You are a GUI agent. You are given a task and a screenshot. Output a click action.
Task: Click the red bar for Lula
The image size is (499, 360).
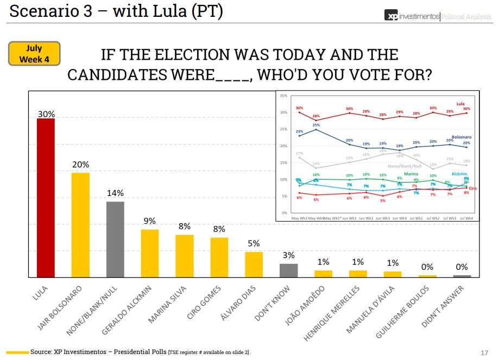point(46,198)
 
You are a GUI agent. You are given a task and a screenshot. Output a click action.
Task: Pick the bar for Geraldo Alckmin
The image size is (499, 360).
point(150,253)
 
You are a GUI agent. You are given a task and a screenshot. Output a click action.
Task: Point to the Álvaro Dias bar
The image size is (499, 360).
point(254,264)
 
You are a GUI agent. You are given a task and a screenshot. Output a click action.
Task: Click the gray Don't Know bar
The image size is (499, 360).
point(288,270)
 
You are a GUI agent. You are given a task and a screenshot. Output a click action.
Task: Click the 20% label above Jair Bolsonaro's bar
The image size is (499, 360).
point(80,165)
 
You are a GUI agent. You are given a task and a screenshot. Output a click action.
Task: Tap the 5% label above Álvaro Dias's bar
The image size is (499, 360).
point(254,244)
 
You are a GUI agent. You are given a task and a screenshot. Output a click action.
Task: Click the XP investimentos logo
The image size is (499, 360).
point(412,16)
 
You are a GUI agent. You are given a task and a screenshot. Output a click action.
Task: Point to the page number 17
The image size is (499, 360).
point(485,352)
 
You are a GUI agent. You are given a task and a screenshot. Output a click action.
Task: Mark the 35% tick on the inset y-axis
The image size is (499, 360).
point(283,96)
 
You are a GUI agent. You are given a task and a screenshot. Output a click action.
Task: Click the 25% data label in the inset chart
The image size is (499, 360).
point(316,125)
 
